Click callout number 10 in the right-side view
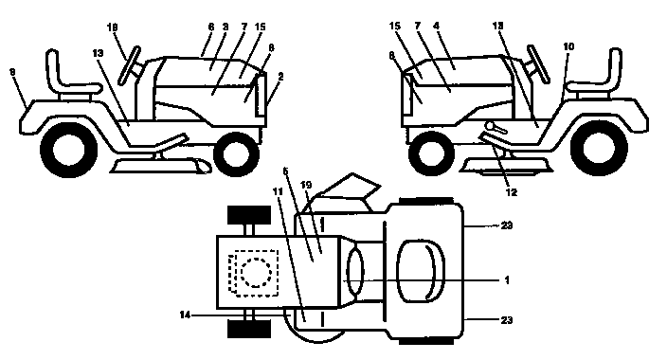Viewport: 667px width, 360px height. coord(568,44)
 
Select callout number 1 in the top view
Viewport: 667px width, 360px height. coord(508,279)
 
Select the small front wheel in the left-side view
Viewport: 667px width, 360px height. coord(238,151)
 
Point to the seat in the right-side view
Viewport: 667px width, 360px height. coord(601,75)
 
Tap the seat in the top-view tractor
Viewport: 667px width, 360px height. coord(418,271)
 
